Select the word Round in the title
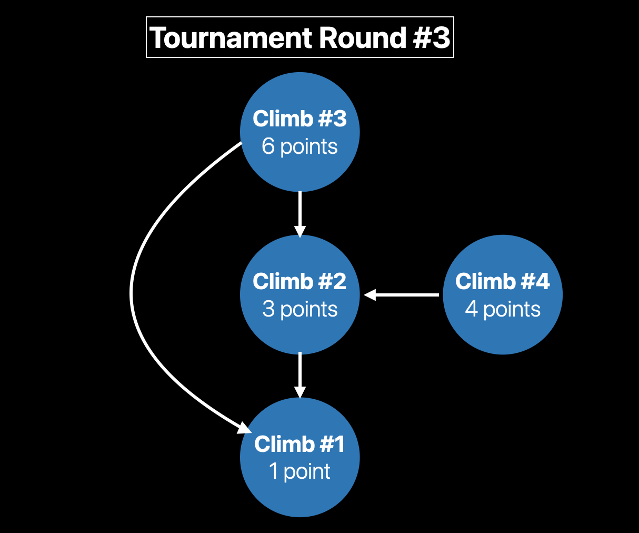click(x=362, y=38)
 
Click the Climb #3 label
click(x=299, y=119)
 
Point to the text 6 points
click(x=299, y=146)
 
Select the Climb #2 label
click(x=299, y=281)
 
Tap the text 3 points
click(x=299, y=309)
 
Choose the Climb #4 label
click(x=502, y=281)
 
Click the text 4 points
click(x=502, y=309)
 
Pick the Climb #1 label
click(x=299, y=444)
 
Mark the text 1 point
click(x=299, y=471)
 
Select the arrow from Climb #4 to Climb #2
click(x=405, y=295)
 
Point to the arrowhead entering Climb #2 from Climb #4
click(x=370, y=295)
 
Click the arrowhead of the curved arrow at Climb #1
click(x=245, y=428)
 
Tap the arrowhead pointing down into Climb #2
click(x=299, y=232)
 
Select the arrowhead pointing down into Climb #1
click(x=299, y=392)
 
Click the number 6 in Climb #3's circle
click(x=268, y=146)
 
